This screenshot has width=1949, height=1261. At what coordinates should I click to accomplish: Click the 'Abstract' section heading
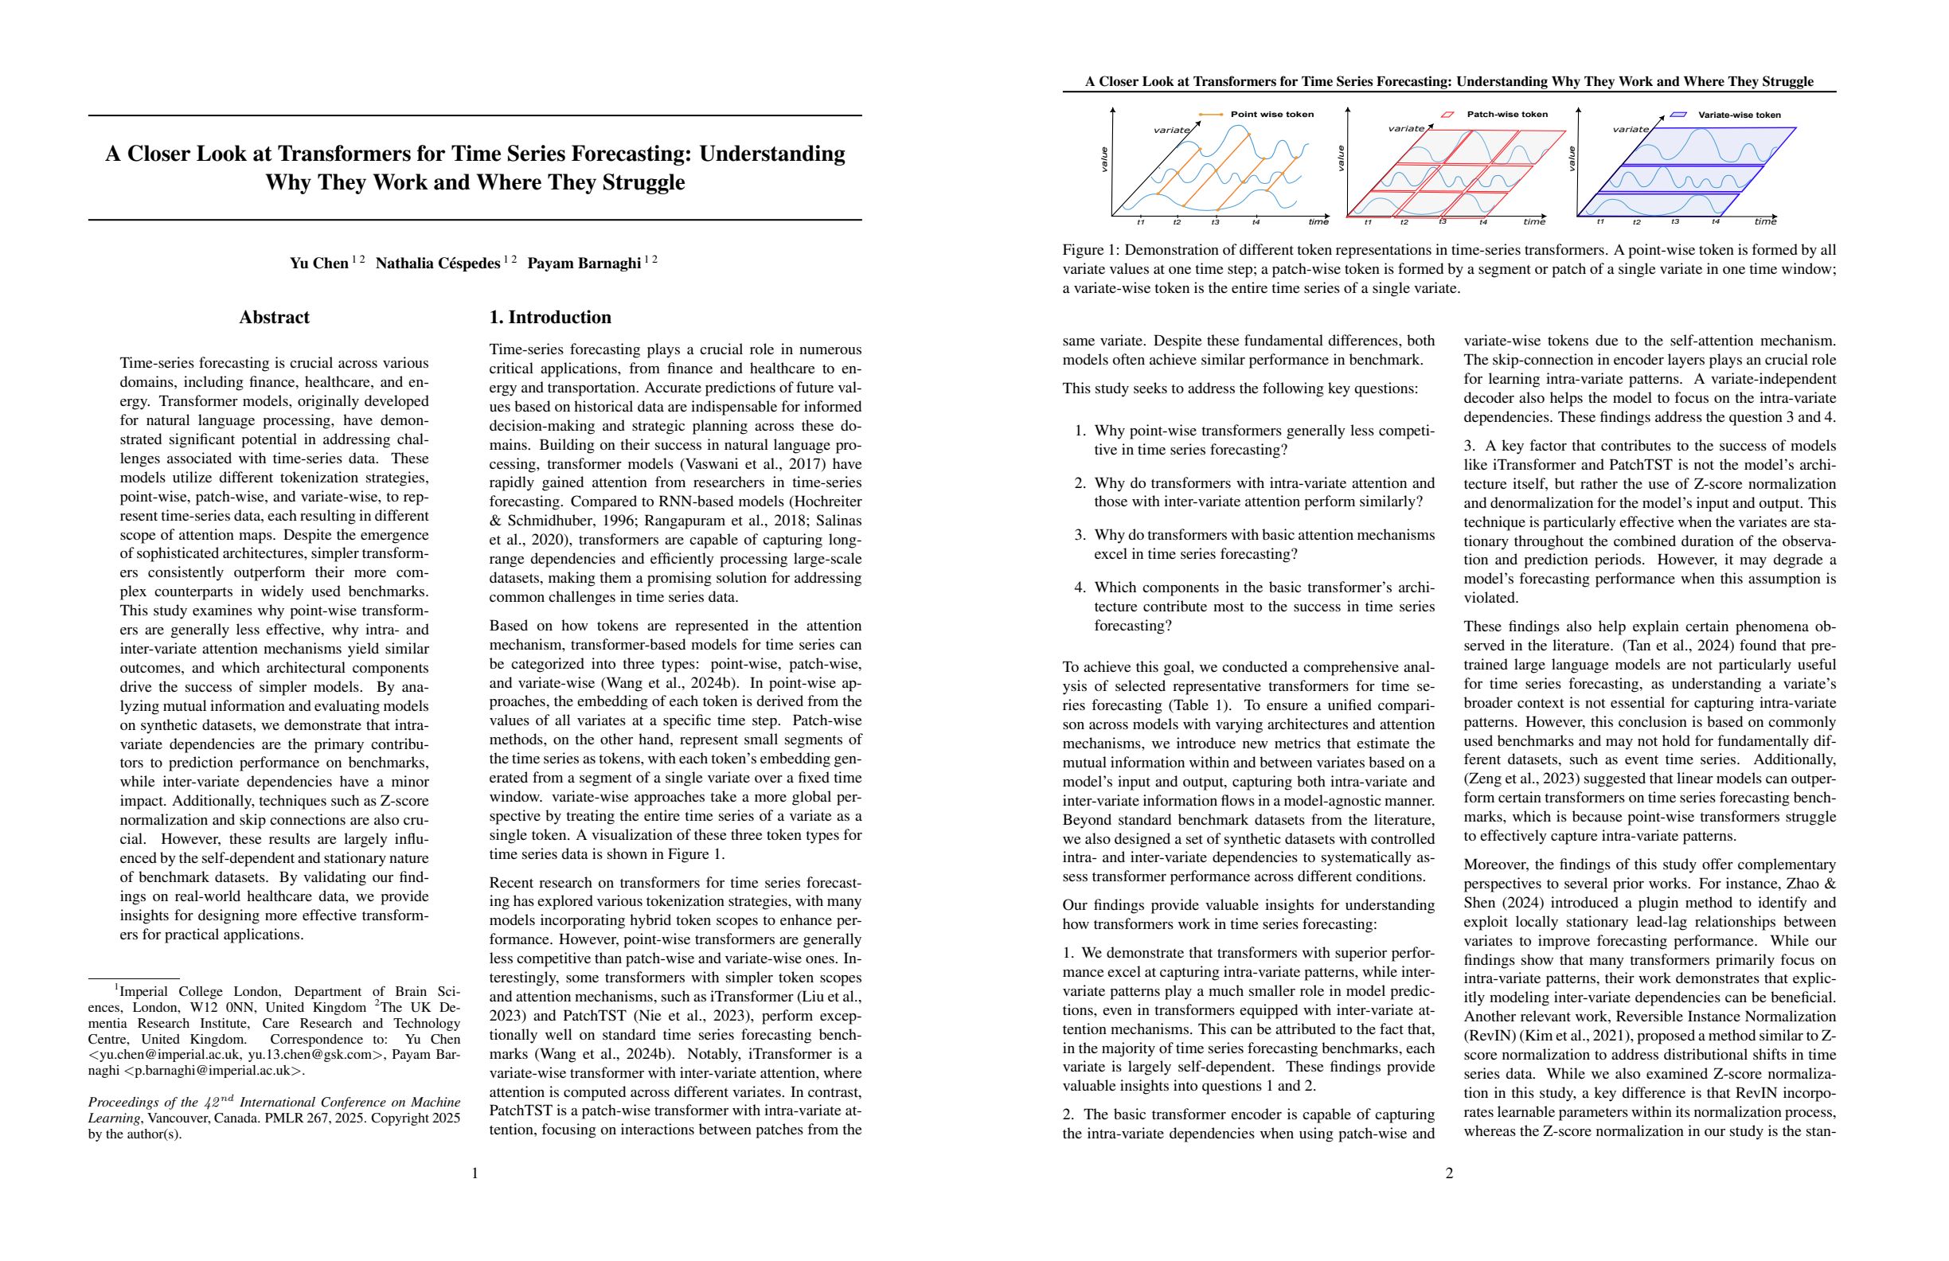click(274, 318)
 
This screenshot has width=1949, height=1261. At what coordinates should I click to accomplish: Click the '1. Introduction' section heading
click(549, 318)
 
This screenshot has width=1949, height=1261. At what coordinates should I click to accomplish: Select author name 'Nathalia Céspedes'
click(437, 264)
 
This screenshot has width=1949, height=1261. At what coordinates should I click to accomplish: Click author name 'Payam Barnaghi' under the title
click(584, 264)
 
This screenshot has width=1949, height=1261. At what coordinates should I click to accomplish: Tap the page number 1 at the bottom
click(475, 1173)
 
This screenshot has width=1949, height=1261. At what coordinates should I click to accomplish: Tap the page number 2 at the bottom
click(1449, 1173)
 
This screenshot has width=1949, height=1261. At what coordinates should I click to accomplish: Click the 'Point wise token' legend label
click(1271, 115)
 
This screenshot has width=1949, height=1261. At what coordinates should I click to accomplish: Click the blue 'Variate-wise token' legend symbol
click(1678, 115)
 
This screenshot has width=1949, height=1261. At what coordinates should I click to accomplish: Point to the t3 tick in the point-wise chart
click(1215, 223)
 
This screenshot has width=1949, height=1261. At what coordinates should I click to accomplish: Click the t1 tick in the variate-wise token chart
click(1600, 222)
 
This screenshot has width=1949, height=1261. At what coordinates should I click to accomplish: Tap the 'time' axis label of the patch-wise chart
click(1534, 222)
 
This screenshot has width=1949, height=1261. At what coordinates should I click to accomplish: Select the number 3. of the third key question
click(1080, 536)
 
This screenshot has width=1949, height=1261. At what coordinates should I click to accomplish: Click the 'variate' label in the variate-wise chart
click(1631, 130)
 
